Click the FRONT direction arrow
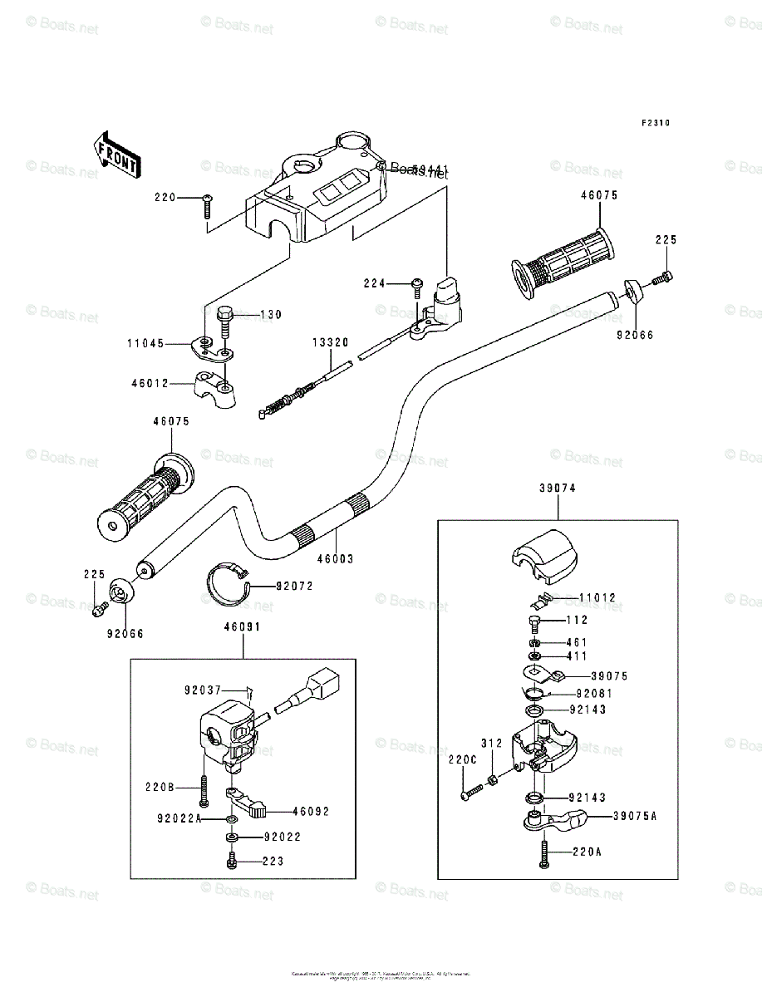point(115,152)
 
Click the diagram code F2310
point(655,123)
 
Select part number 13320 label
point(330,342)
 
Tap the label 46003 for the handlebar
point(336,559)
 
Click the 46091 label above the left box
point(243,627)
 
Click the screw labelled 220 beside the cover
point(207,204)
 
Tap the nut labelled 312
point(493,779)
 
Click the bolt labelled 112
point(536,621)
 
